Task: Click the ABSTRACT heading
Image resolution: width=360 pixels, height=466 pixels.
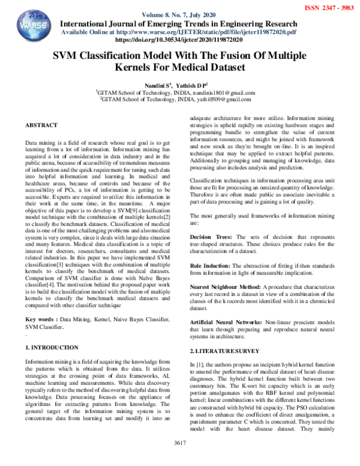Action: [41, 126]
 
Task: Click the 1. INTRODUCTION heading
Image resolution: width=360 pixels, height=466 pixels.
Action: [52, 348]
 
